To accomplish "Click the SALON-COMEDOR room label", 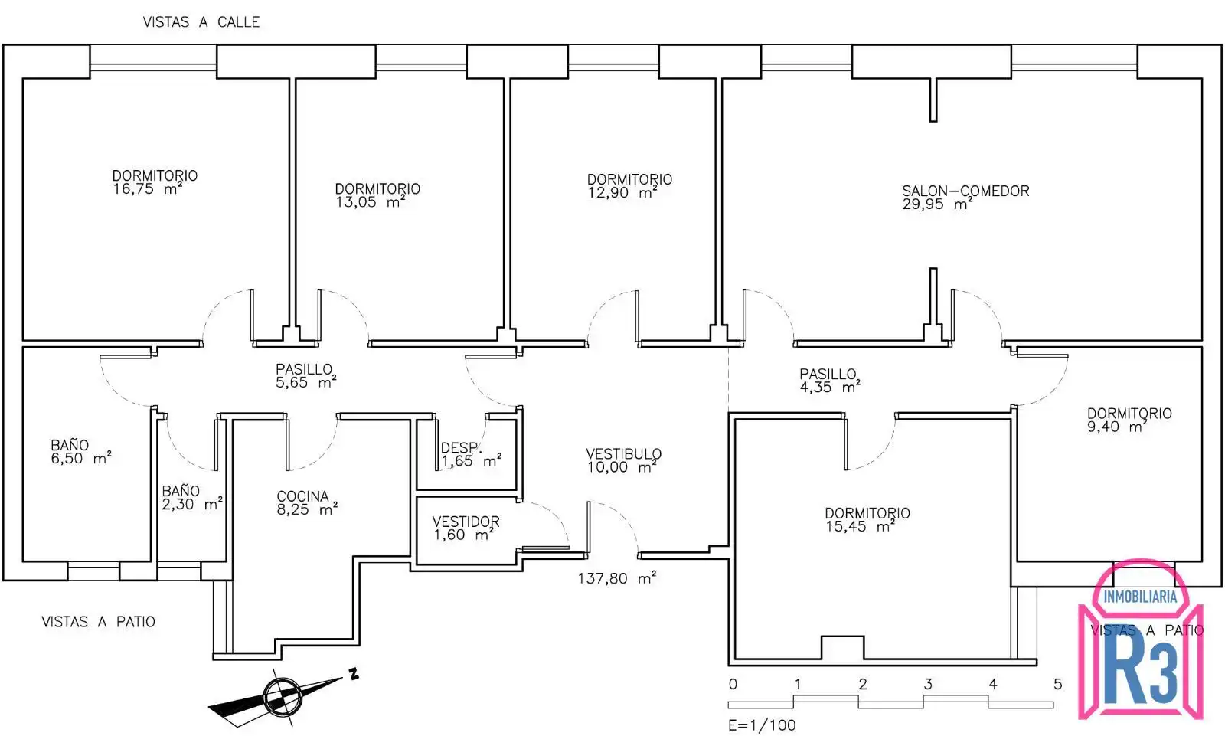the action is pos(965,191).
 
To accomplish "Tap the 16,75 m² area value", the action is pos(148,189).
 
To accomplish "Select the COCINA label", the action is pos(302,496).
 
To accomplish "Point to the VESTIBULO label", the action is pos(623,453).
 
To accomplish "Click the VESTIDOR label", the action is pos(466,522).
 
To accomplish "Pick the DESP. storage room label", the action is pos(461,447).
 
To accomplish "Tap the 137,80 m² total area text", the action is pos(617,578).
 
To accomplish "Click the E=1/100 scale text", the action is pos(762,725).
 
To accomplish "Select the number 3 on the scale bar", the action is pos(928,684).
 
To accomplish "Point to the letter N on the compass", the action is pos(354,674).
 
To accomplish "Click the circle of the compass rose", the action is pos(283,697).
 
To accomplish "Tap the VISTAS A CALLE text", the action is pos(201,22).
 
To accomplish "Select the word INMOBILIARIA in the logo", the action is pos(1140,597).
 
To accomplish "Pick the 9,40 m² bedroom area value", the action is pos(1117,427).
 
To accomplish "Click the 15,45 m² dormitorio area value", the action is pos(860,526).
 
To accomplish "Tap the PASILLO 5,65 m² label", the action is pos(305,375).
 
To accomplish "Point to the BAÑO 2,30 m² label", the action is pos(192,497).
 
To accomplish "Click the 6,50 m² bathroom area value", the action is pos(81,458).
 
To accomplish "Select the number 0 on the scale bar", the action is pos(733,684).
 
